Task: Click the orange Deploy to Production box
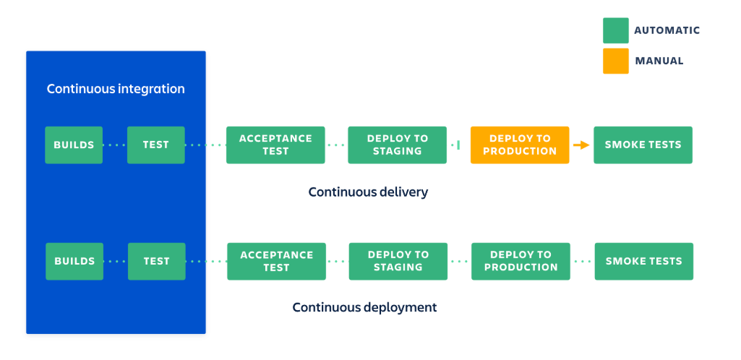coord(519,145)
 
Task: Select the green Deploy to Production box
coord(521,261)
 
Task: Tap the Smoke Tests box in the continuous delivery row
coord(643,145)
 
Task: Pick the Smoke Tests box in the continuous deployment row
coord(643,261)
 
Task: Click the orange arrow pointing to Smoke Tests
coord(581,145)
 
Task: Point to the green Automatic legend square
coord(615,30)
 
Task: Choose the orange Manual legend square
coord(615,61)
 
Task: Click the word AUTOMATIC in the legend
coord(667,30)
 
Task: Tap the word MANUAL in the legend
coord(659,61)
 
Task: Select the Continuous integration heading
coord(116,89)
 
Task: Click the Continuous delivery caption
coord(368,192)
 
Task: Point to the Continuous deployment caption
coord(364,307)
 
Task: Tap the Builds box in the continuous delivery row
coord(74,145)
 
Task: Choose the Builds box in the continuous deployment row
coord(74,261)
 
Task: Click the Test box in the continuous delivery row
coord(156,145)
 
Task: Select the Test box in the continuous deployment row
coord(156,261)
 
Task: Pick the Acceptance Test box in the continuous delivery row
coord(275,145)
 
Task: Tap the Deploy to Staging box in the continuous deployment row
coord(398,261)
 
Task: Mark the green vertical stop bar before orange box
coord(458,145)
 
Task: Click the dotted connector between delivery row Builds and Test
coord(115,145)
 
